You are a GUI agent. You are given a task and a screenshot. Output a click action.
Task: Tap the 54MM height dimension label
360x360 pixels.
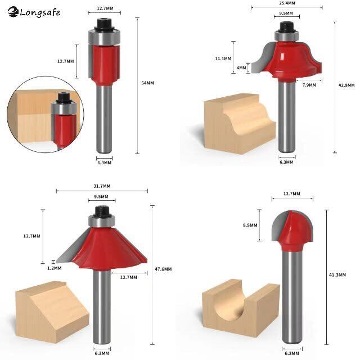(x=147, y=83)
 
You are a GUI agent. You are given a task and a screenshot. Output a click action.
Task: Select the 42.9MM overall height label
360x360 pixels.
(x=346, y=85)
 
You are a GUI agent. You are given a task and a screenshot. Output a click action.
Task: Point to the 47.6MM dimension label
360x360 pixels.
(x=163, y=269)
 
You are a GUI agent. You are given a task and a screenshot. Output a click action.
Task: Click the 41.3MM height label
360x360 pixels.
(x=337, y=275)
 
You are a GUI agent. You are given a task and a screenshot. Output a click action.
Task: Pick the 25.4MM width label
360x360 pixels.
(x=287, y=3)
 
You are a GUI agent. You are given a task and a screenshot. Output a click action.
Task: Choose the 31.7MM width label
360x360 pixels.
(x=102, y=186)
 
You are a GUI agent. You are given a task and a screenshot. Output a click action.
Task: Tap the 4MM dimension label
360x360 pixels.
(x=241, y=67)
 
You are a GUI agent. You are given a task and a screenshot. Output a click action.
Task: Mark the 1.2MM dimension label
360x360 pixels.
(x=55, y=268)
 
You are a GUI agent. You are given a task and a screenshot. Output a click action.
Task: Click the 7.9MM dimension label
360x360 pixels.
(x=309, y=85)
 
